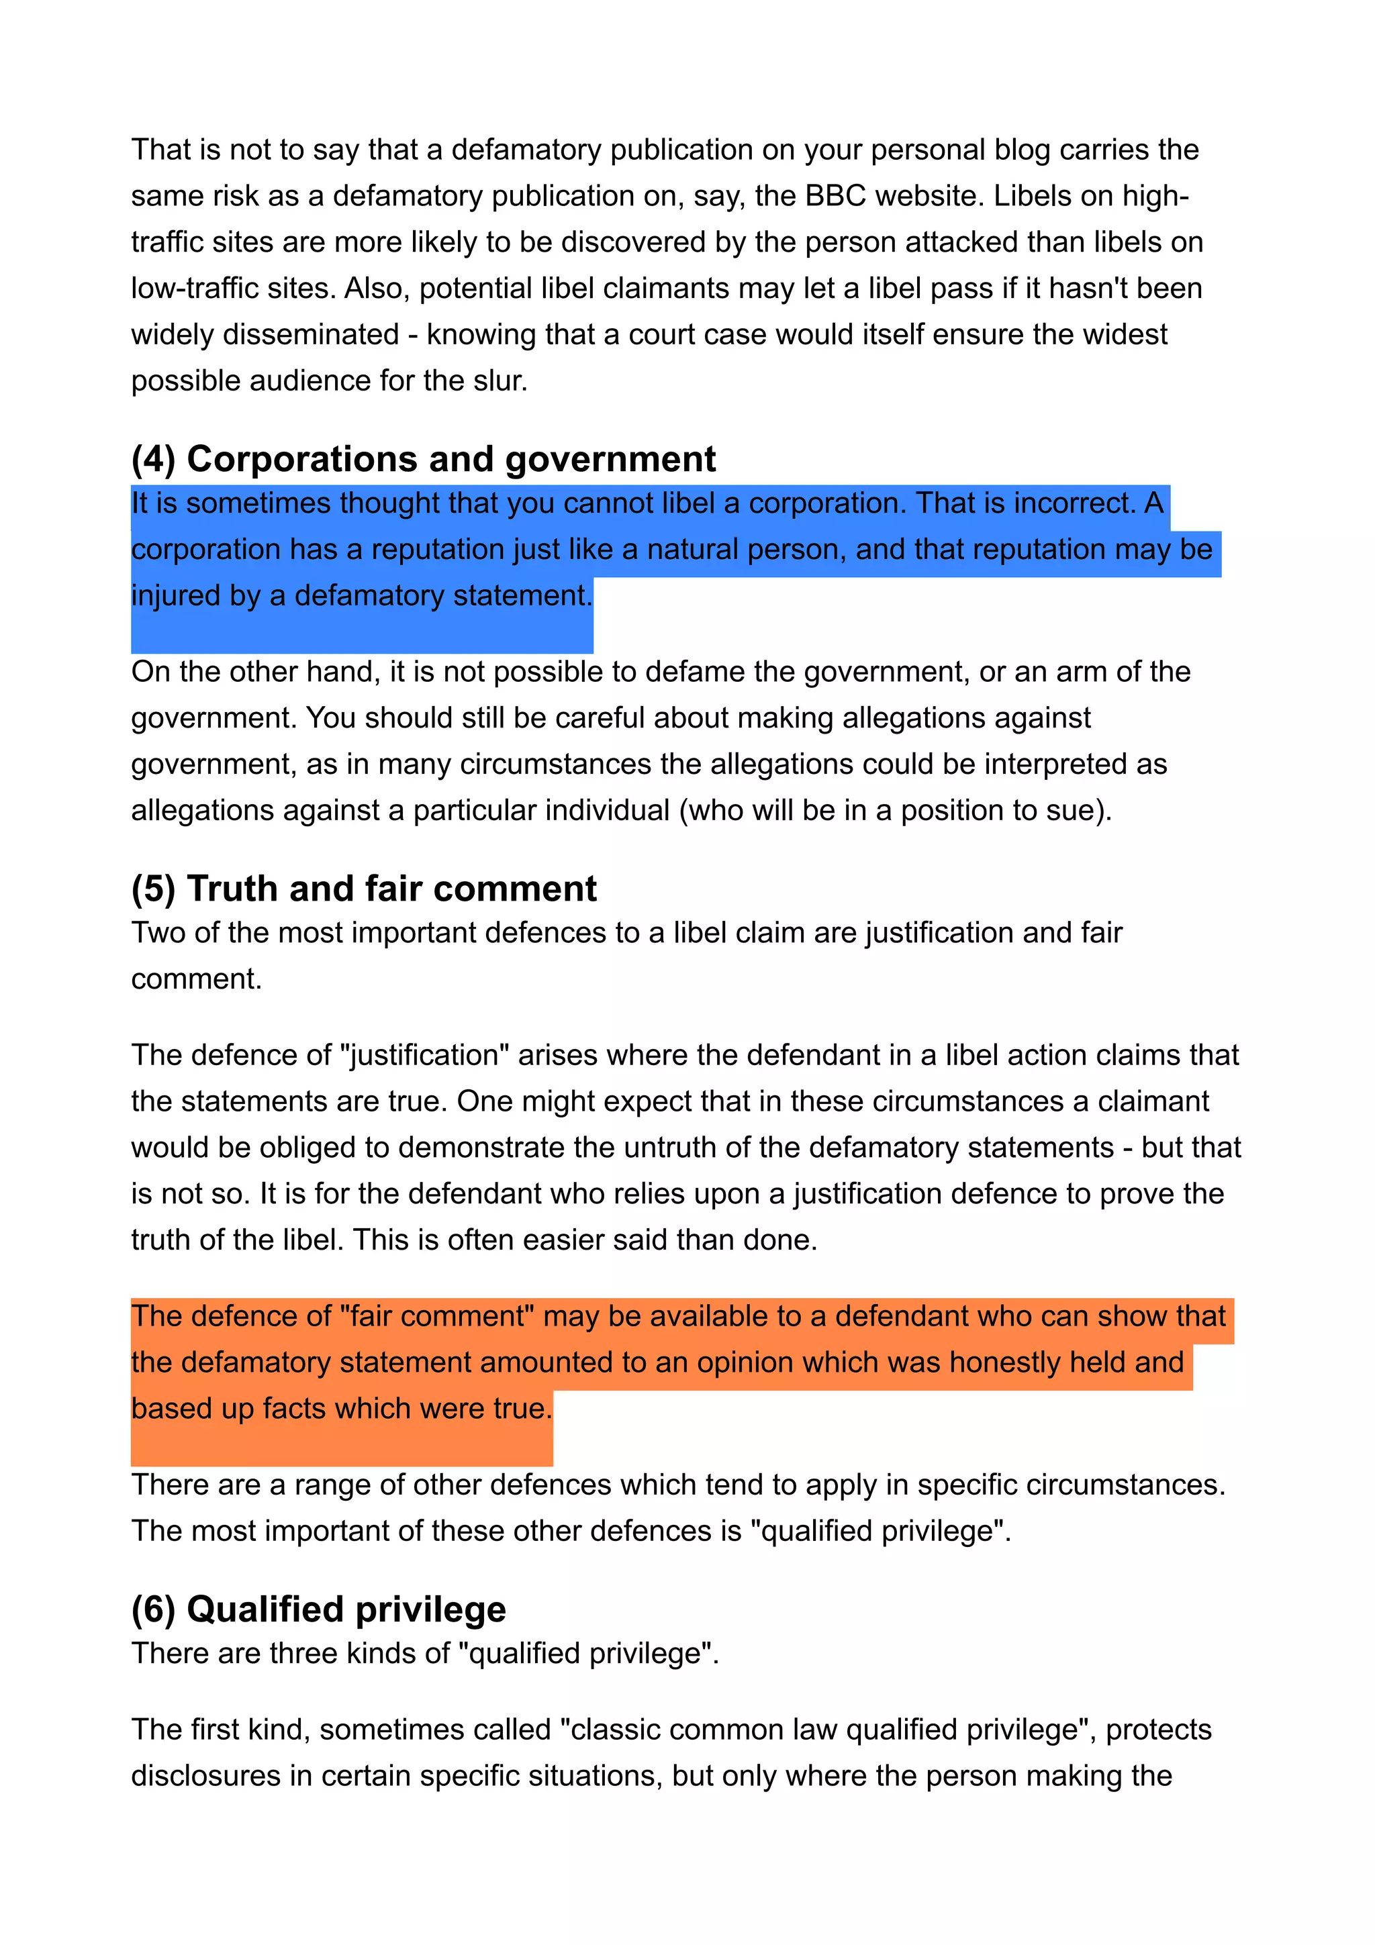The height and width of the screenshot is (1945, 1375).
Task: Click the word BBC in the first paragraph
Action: point(835,196)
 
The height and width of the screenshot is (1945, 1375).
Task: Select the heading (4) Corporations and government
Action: point(423,459)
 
